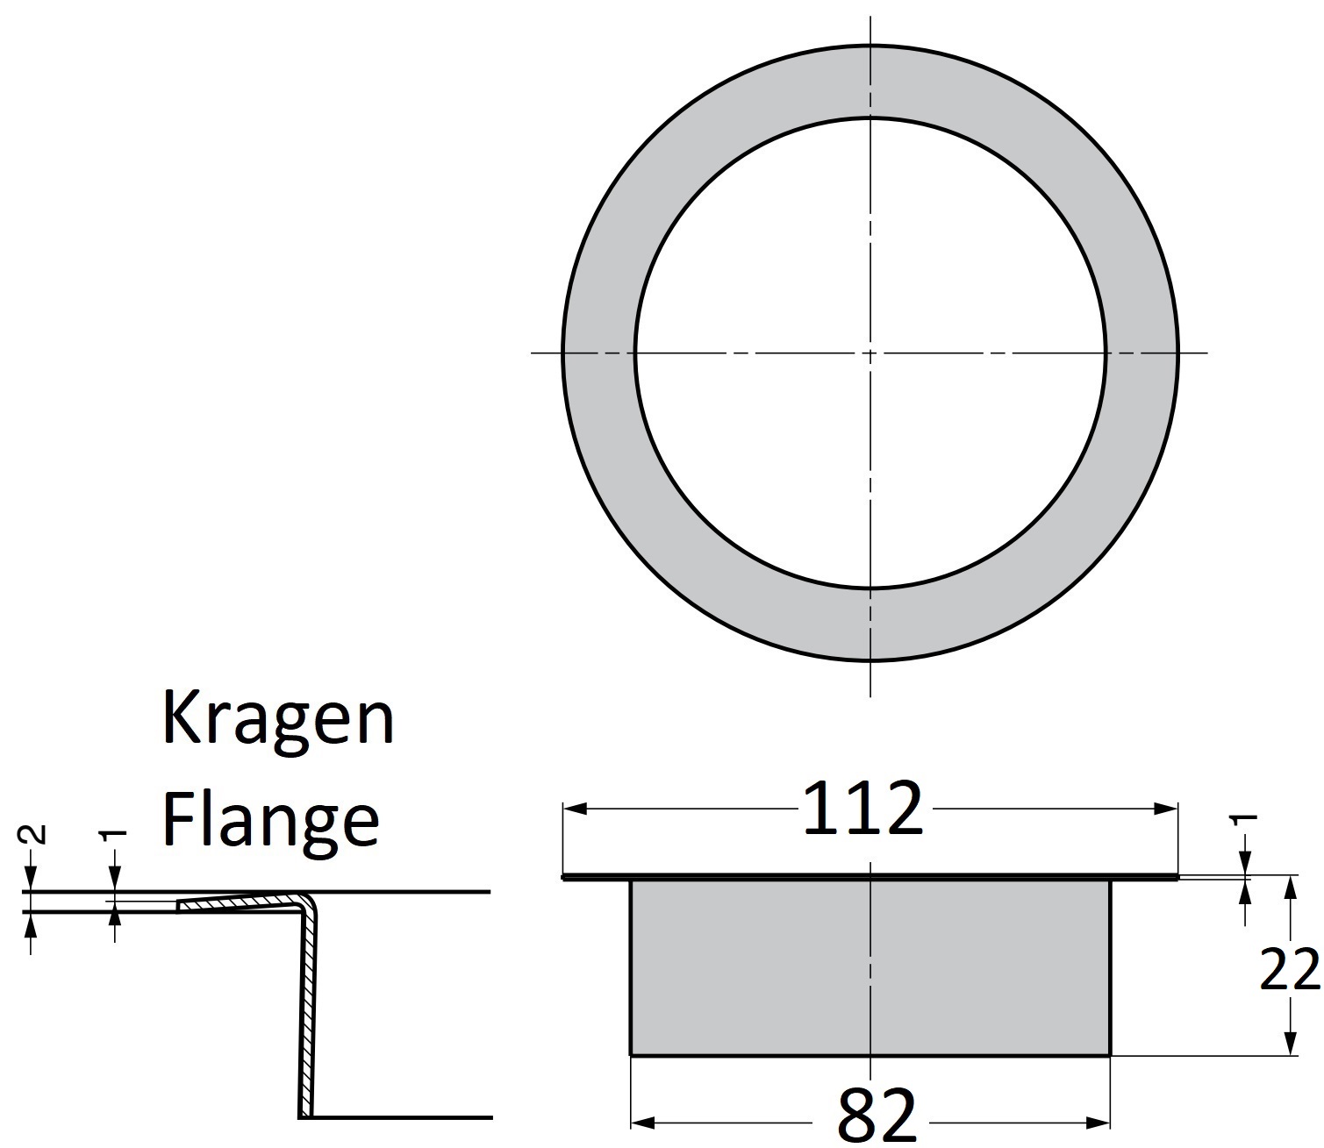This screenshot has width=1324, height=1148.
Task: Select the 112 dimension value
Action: (862, 809)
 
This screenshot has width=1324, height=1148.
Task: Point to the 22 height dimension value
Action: (1289, 969)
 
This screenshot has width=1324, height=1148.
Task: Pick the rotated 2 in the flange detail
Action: (32, 834)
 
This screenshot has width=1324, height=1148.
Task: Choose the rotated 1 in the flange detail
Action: (114, 836)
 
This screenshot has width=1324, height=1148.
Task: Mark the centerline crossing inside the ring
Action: (870, 353)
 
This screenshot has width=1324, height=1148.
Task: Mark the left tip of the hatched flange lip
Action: (179, 906)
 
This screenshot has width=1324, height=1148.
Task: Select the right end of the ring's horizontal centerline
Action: (1206, 353)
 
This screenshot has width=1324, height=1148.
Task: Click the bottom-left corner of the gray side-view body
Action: (632, 1054)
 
